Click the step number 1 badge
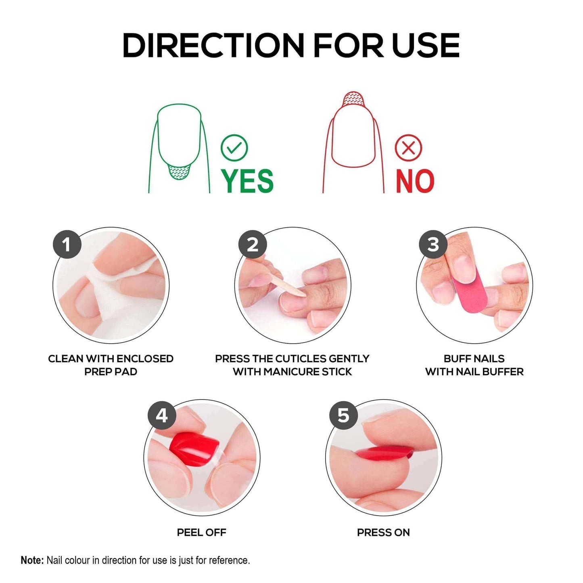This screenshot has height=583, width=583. (x=67, y=244)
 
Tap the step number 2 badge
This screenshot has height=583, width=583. (x=253, y=244)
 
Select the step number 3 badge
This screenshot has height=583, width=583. (x=433, y=244)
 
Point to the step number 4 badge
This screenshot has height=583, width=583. (x=162, y=416)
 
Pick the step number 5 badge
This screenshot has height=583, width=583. (x=343, y=416)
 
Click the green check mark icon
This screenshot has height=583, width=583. (x=234, y=148)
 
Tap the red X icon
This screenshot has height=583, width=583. (x=408, y=148)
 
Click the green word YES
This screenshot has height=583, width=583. (x=247, y=181)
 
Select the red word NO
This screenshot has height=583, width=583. (x=415, y=181)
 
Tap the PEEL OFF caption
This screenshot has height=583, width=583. (x=201, y=533)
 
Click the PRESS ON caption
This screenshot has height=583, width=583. (x=383, y=533)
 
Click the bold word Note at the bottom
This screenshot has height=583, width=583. (x=32, y=560)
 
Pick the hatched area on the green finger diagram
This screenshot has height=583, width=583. (x=179, y=173)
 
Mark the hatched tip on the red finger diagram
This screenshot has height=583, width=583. (x=353, y=99)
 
